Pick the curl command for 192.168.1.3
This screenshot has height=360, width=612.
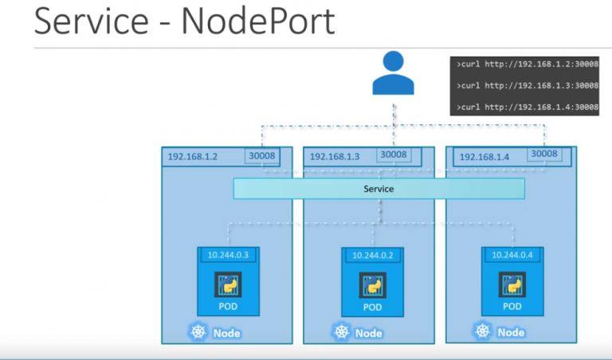(x=527, y=84)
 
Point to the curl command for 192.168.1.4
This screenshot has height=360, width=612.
(x=527, y=107)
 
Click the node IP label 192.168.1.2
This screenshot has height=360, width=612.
(x=194, y=157)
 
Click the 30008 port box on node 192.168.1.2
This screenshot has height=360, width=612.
(x=262, y=155)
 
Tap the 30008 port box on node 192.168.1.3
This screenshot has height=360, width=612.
(x=394, y=155)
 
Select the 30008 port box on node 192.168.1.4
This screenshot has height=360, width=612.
(x=544, y=154)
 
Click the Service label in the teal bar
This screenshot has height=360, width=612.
(x=379, y=190)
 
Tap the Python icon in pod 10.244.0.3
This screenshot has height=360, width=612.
(x=228, y=284)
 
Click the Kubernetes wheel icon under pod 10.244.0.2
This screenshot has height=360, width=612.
(x=343, y=332)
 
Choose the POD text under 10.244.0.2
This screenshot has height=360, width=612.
(x=371, y=307)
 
